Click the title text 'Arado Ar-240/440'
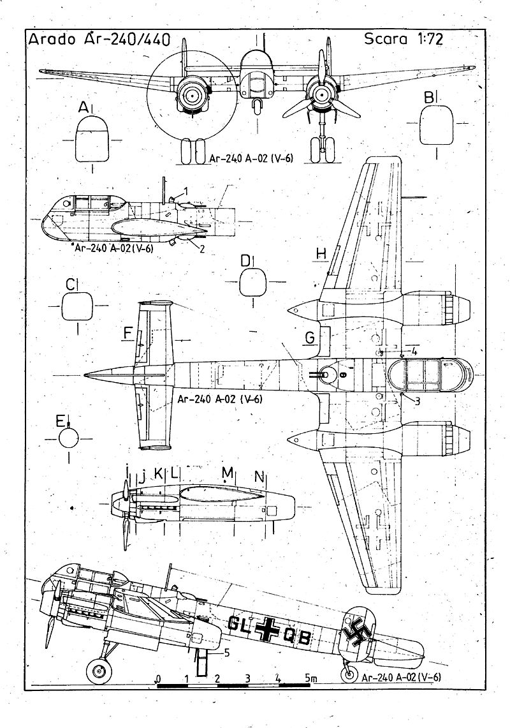point(99,40)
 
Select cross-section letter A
point(84,109)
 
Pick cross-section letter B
point(429,97)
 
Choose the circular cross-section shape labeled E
point(68,439)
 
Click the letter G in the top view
point(309,338)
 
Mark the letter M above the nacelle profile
point(227,473)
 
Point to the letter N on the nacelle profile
point(259,476)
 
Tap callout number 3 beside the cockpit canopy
point(417,401)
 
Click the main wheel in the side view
point(98,671)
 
